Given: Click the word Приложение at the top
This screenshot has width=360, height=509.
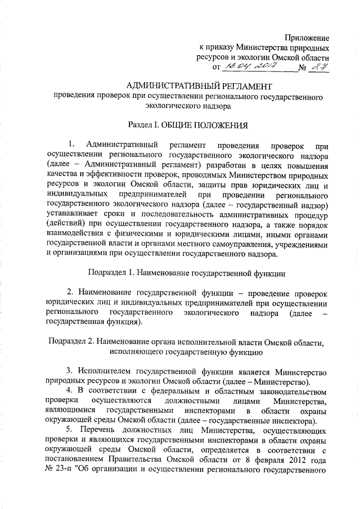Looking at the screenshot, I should click(306, 38).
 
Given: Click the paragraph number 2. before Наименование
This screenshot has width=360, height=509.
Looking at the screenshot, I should click(71, 294).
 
